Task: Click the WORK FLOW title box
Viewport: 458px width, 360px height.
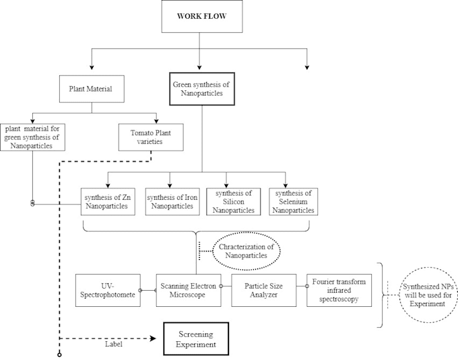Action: pyautogui.click(x=201, y=16)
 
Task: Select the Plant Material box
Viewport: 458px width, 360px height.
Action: pyautogui.click(x=91, y=88)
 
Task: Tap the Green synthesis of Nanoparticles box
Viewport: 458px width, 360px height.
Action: pyautogui.click(x=201, y=89)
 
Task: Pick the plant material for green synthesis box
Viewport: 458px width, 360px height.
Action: pyautogui.click(x=32, y=136)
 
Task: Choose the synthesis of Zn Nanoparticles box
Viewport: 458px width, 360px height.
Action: pyautogui.click(x=108, y=201)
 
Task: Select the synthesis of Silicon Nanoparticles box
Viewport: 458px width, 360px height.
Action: pyautogui.click(x=233, y=201)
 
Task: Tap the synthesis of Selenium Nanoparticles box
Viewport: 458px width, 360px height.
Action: pyautogui.click(x=293, y=201)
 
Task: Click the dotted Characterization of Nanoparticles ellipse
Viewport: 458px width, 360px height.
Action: pyautogui.click(x=247, y=252)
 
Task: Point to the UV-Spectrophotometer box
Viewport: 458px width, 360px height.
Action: pyautogui.click(x=108, y=291)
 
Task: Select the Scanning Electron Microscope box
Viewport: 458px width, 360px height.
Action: pyautogui.click(x=189, y=291)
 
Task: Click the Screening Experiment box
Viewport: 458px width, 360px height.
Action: pyautogui.click(x=196, y=338)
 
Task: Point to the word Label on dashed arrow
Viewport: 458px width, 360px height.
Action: pyautogui.click(x=113, y=345)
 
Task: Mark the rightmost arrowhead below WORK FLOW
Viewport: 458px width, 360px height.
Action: pyautogui.click(x=307, y=67)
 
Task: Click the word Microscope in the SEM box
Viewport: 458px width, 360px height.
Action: pyautogui.click(x=189, y=295)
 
